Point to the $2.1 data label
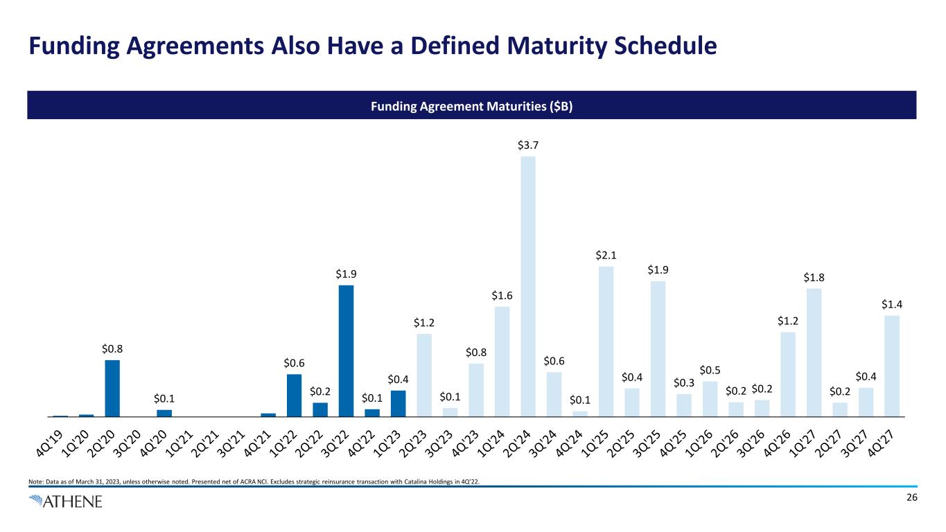[606, 255]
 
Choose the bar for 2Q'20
[112, 388]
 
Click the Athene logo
[66, 502]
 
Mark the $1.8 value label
[814, 277]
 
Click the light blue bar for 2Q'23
[424, 375]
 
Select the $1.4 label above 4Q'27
[892, 304]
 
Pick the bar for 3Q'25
[658, 348]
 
